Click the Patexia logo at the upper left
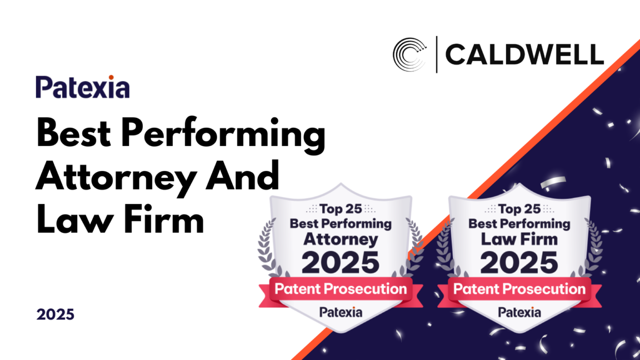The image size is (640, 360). pos(82,87)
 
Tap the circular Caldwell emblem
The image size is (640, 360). pos(410,54)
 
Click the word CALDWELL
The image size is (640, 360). pos(524,54)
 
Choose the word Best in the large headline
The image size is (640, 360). pos(73,133)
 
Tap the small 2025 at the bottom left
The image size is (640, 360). pos(56,314)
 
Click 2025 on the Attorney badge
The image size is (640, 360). pos(341,262)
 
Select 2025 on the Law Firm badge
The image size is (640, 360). pos(519,262)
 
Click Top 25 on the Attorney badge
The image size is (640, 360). pos(341,209)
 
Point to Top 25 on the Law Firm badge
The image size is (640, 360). pos(519,209)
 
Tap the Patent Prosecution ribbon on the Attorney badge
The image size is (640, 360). pos(341,290)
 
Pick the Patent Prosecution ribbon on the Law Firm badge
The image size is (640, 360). pos(519,290)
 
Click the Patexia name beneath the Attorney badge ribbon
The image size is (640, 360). pos(341,312)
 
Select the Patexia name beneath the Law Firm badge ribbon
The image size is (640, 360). pos(519,312)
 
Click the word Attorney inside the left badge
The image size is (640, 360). pos(341,239)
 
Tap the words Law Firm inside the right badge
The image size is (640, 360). pos(519,239)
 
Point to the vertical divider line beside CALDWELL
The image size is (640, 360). pos(437,54)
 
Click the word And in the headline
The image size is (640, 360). pos(242,176)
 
